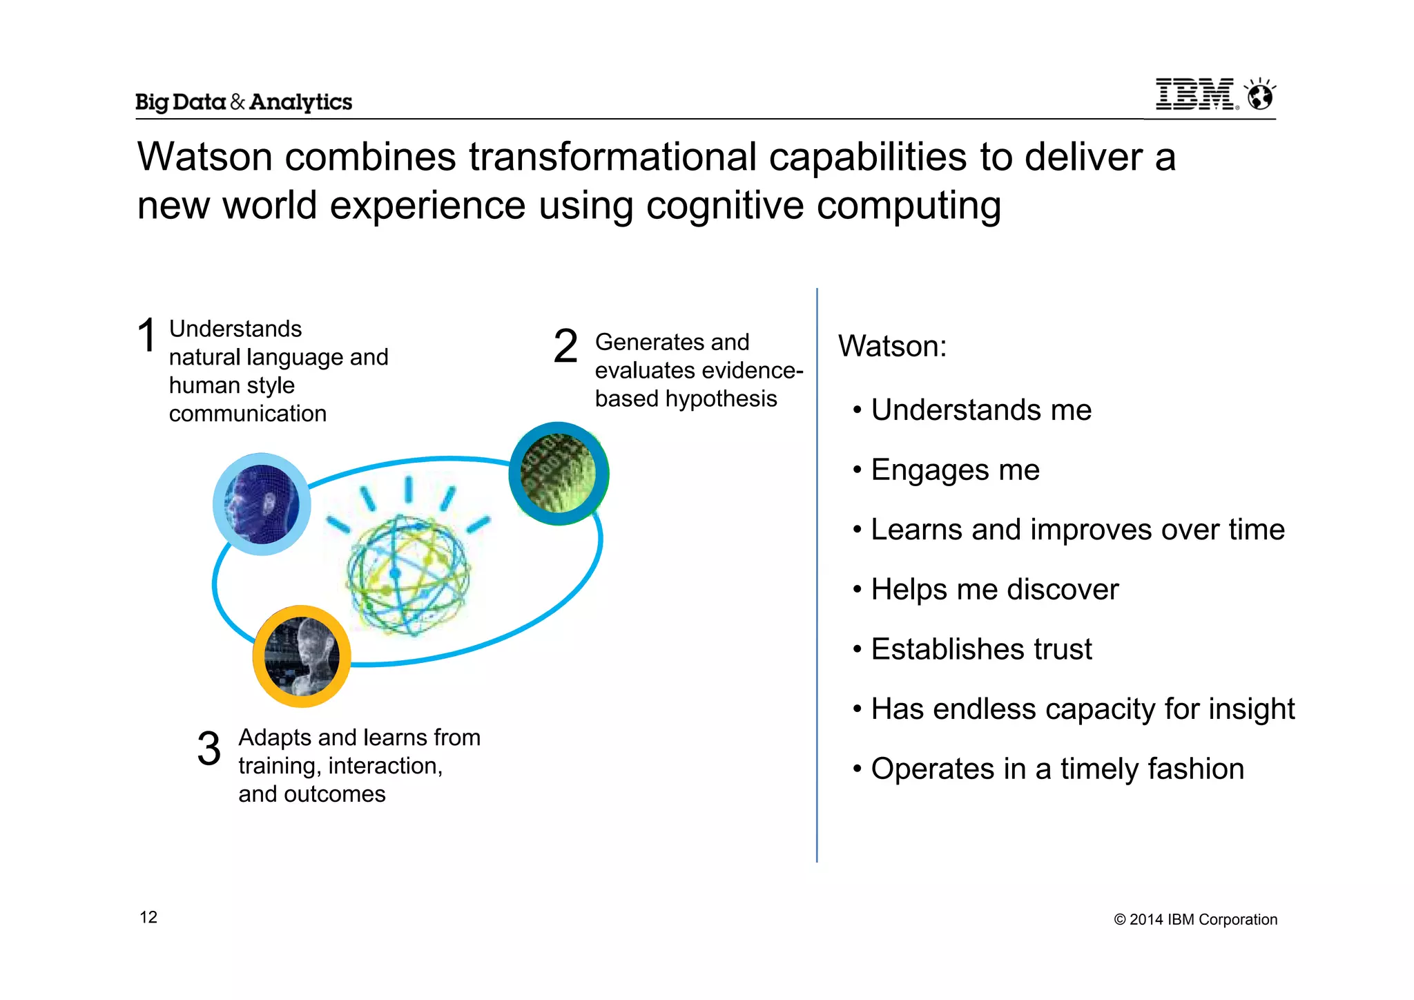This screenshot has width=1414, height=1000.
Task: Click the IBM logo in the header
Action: [1196, 95]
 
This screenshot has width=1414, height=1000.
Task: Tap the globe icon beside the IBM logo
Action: [1261, 95]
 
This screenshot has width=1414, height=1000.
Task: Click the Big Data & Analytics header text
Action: [243, 102]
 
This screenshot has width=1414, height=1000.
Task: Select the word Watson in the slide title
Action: [205, 157]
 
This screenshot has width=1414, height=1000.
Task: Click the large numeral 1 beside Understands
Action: [146, 336]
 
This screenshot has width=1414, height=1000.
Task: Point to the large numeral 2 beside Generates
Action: [565, 346]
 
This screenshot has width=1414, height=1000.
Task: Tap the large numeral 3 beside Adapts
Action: [209, 749]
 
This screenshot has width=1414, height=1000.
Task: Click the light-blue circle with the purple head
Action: [262, 504]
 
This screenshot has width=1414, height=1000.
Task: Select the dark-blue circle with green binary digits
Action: [559, 474]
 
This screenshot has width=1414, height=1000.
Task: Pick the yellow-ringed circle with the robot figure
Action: [302, 656]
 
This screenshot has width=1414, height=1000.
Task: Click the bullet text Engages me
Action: [954, 470]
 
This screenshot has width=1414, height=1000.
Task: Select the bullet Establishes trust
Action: [980, 649]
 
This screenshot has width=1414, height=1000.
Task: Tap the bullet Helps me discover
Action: [994, 590]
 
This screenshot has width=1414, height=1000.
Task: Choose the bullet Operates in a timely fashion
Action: [1056, 769]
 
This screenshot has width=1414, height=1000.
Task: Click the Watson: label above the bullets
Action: [892, 346]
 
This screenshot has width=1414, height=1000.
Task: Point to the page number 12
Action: [148, 917]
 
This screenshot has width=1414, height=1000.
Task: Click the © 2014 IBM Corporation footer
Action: [1195, 919]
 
